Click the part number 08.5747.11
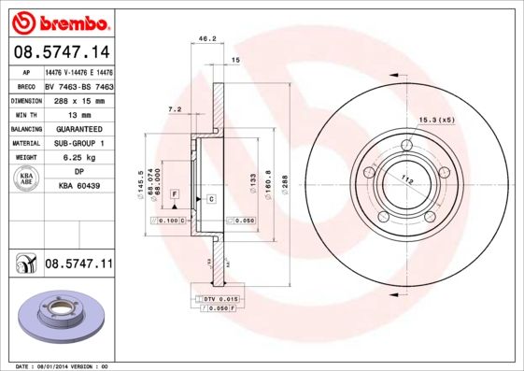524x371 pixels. (78, 264)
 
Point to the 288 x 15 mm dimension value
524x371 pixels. (78, 99)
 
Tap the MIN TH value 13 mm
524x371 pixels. (78, 114)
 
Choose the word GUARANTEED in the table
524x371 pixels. (78, 128)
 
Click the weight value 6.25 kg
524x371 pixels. (78, 158)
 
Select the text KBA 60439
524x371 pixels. (78, 187)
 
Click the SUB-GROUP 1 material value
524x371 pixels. (78, 143)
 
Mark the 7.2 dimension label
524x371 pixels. (174, 109)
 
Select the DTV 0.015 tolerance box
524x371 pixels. (220, 297)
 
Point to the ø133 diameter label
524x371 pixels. (252, 180)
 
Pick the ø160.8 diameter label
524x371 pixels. (269, 180)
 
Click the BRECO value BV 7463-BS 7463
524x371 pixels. (78, 85)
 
